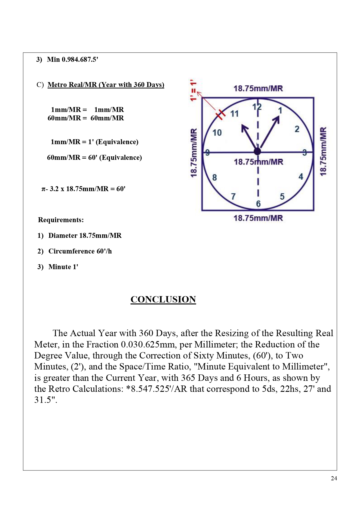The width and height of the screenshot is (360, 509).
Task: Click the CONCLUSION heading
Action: (x=163, y=299)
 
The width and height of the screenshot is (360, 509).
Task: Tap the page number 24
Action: (x=334, y=479)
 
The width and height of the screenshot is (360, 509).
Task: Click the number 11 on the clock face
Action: (x=234, y=114)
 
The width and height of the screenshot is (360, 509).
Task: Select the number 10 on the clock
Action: (x=217, y=133)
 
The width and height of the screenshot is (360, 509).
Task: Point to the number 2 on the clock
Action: (x=297, y=129)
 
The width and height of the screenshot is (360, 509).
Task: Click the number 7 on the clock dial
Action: (x=233, y=197)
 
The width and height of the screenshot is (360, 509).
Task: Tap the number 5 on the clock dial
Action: (x=282, y=197)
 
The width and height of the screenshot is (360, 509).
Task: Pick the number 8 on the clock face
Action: (x=214, y=177)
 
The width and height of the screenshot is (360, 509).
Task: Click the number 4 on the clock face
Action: (x=301, y=177)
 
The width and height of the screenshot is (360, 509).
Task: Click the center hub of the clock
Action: (x=257, y=151)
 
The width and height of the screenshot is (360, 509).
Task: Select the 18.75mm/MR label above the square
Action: (x=258, y=88)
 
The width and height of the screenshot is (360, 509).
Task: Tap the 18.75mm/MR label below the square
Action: (x=258, y=218)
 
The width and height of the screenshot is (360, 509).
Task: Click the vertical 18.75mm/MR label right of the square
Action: (x=323, y=151)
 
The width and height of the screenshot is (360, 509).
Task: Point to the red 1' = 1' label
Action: (x=193, y=90)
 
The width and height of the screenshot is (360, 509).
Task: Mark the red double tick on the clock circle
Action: (x=220, y=114)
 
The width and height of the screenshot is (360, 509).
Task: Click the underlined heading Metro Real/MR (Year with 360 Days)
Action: (x=106, y=85)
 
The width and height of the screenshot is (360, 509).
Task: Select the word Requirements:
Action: (x=61, y=220)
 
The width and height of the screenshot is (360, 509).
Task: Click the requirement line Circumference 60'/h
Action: (x=80, y=251)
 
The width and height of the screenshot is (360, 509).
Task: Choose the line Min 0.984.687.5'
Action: (x=73, y=59)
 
